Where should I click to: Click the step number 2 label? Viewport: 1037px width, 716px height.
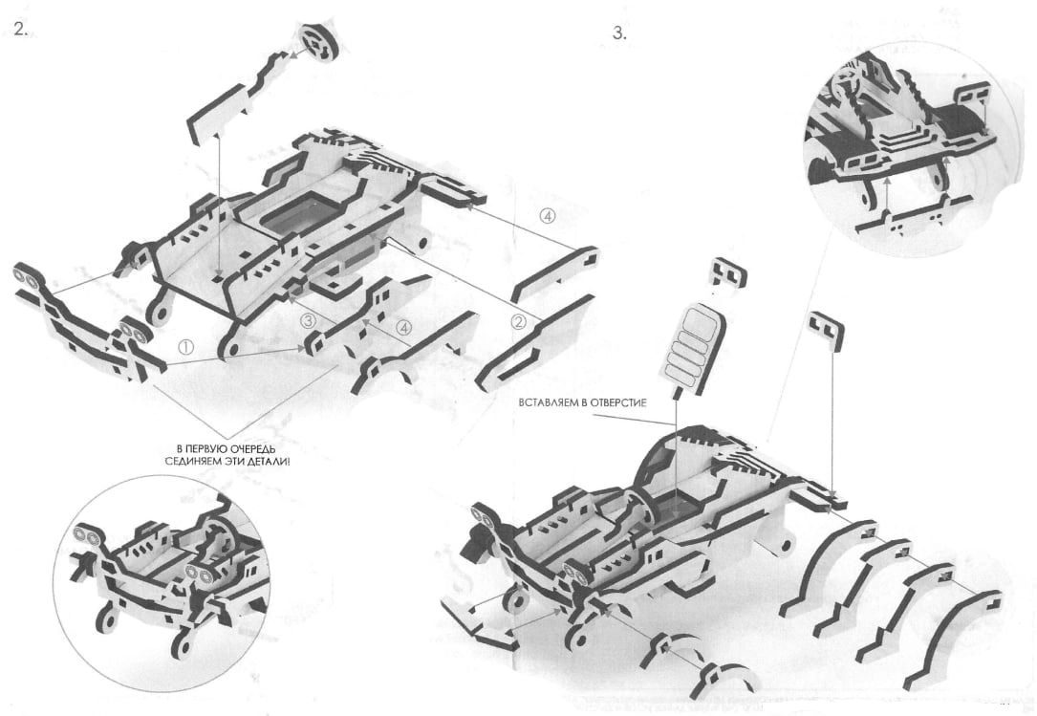point(20,29)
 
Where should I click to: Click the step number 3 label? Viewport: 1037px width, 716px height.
point(619,33)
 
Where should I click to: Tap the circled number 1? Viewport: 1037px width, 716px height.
point(186,346)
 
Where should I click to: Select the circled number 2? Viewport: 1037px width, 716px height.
point(518,321)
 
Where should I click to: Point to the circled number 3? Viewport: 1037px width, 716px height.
point(308,321)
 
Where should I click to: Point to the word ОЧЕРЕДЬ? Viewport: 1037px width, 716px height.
point(261,450)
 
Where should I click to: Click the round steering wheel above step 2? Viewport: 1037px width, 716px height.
point(319,42)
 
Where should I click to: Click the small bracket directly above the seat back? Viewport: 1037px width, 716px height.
point(727,271)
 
